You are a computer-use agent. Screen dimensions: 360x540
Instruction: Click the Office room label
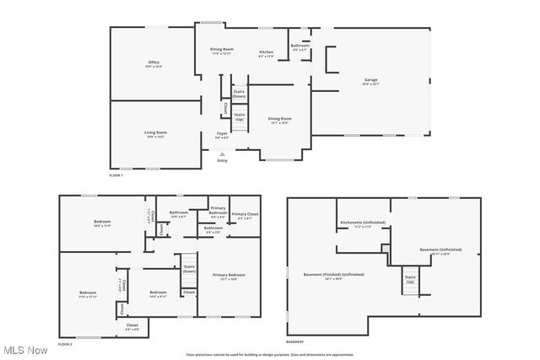click(153, 62)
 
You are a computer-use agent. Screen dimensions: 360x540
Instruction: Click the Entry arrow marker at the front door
click(222, 154)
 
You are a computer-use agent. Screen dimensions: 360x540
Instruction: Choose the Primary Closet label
click(246, 215)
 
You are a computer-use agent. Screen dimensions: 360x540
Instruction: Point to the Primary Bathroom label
click(218, 210)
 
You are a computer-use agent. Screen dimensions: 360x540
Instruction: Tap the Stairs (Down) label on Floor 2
click(189, 269)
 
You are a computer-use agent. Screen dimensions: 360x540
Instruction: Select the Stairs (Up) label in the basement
click(411, 278)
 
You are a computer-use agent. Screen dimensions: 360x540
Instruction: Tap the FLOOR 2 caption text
click(65, 345)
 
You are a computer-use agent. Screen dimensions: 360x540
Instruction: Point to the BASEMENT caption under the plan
click(294, 342)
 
